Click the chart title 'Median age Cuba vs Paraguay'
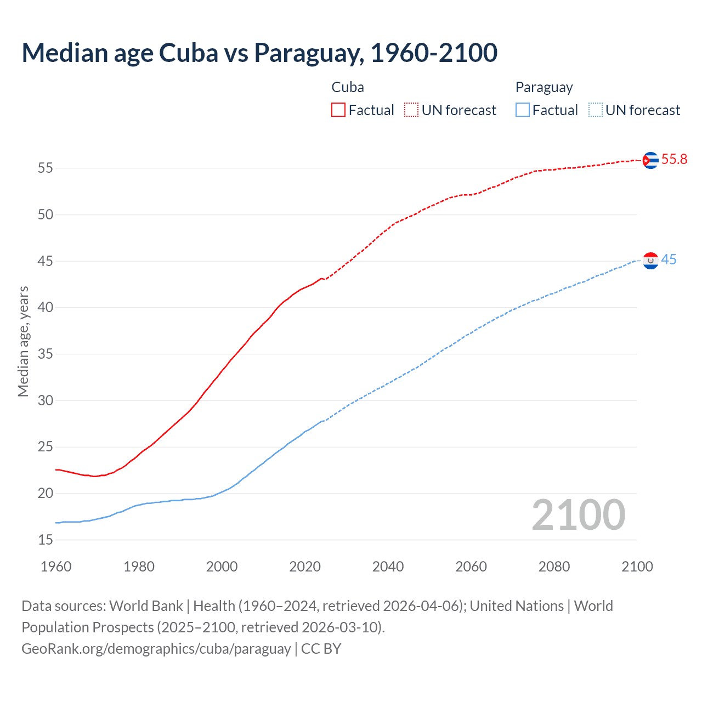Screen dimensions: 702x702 click(x=259, y=53)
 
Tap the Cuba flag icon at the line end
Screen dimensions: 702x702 click(x=650, y=160)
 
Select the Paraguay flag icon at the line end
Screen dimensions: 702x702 click(x=650, y=261)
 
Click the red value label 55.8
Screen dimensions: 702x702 click(x=674, y=160)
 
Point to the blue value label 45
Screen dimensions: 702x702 click(x=669, y=260)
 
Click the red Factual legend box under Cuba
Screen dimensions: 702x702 click(x=338, y=110)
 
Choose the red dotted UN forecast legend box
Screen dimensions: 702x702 click(x=411, y=110)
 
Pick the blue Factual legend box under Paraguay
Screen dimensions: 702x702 click(x=522, y=110)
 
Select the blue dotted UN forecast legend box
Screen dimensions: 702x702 click(x=595, y=110)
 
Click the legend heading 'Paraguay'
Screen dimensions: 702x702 click(x=544, y=88)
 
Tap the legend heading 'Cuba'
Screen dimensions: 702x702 click(x=348, y=88)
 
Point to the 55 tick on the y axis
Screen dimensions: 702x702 click(x=46, y=168)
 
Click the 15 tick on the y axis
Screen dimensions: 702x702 click(x=46, y=540)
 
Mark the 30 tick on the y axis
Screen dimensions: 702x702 click(x=46, y=401)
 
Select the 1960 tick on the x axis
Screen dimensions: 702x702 click(x=56, y=567)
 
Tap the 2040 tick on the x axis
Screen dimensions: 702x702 click(x=388, y=567)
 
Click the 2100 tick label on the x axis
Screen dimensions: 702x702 click(x=637, y=567)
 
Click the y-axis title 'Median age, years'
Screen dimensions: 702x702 click(x=23, y=341)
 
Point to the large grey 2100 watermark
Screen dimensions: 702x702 click(x=579, y=515)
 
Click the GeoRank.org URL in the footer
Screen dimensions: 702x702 click(x=156, y=649)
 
